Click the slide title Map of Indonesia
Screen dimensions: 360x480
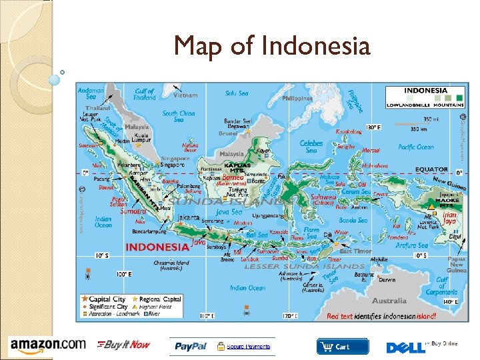coord(271,46)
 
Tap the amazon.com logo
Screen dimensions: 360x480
coord(48,345)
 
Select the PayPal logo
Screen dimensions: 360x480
coord(191,346)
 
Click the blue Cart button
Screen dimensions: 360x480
coord(343,347)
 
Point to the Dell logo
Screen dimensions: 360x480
coord(404,347)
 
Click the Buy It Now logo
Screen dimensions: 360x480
coord(124,345)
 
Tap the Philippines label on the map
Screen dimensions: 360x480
coord(297,99)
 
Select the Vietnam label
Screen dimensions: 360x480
coord(185,95)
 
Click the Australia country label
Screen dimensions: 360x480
coord(389,301)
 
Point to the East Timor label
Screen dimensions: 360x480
coord(355,251)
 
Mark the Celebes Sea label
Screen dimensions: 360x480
coord(311,146)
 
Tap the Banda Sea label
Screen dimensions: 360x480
coord(353,220)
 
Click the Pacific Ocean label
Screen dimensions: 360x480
coord(416,147)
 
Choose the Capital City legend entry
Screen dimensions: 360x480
coord(107,299)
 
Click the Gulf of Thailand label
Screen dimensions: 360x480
coord(144,95)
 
